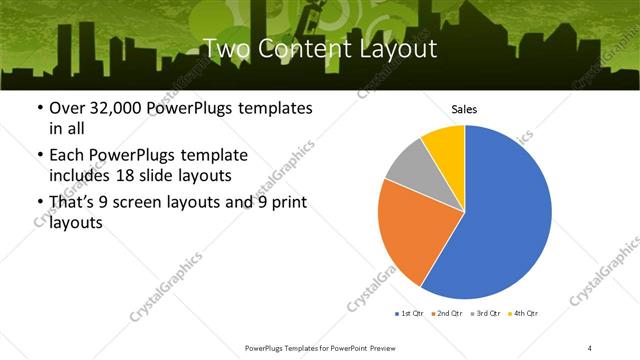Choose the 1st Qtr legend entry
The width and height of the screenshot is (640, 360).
[410, 314]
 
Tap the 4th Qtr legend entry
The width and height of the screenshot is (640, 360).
[525, 314]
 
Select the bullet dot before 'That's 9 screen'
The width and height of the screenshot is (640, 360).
[39, 205]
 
